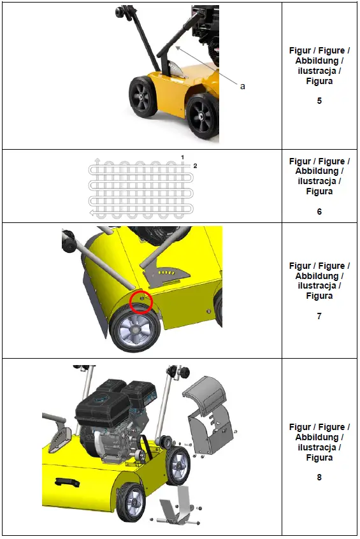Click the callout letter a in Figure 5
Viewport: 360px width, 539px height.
242,86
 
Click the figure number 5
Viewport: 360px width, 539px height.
319,101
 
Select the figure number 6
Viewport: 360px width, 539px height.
319,212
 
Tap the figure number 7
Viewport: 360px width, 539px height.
319,316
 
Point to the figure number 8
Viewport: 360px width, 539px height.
319,477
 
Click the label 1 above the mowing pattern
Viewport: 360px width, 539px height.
182,157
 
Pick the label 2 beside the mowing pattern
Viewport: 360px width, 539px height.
195,166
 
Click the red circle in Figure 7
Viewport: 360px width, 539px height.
140,302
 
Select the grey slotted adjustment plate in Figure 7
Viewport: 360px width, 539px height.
167,273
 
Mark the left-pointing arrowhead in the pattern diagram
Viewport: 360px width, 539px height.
93,213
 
